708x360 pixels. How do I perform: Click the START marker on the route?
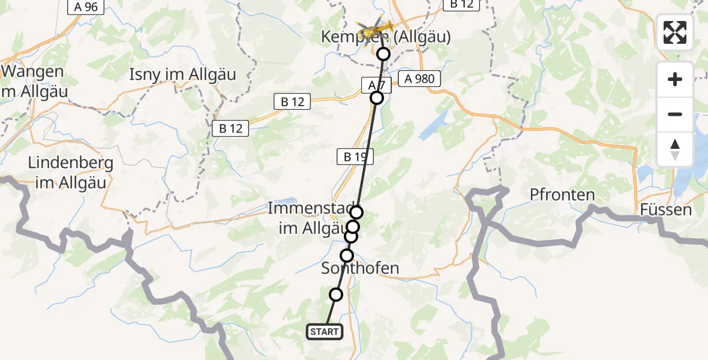pyautogui.click(x=325, y=332)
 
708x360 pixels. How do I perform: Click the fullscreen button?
pyautogui.click(x=675, y=32)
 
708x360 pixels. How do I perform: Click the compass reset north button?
pyautogui.click(x=675, y=149)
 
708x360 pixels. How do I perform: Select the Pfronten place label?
pyautogui.click(x=562, y=194)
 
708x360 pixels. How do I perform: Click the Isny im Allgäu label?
pyautogui.click(x=183, y=75)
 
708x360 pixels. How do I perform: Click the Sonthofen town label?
pyautogui.click(x=360, y=268)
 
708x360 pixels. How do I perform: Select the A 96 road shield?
pyautogui.click(x=86, y=7)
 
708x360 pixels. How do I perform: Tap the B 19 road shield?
pyautogui.click(x=355, y=157)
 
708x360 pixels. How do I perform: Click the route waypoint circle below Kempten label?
pyautogui.click(x=383, y=54)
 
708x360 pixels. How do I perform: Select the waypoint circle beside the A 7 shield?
pyautogui.click(x=377, y=98)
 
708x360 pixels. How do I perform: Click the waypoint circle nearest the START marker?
pyautogui.click(x=336, y=295)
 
